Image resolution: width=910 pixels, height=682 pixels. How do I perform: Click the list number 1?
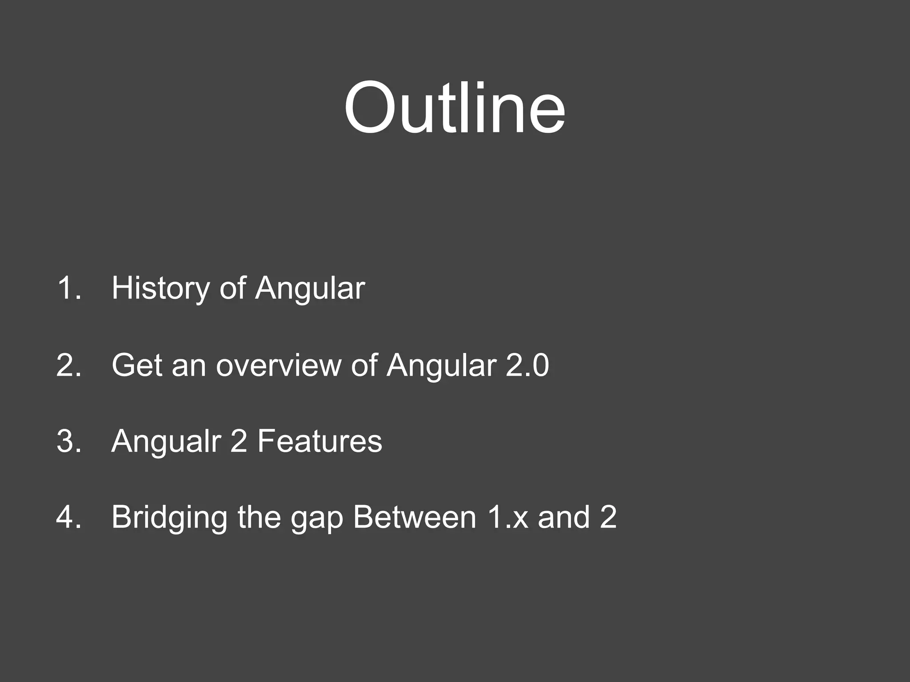tap(69, 289)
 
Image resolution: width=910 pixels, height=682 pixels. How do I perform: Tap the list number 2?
tap(69, 365)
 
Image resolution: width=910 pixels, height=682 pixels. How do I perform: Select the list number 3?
tap(69, 441)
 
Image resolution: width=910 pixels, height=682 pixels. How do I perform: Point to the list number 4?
tap(69, 518)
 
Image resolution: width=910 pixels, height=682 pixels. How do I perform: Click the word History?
tap(160, 289)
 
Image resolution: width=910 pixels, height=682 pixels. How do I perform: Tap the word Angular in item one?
tap(310, 289)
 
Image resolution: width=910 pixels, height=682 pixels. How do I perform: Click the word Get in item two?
tap(137, 365)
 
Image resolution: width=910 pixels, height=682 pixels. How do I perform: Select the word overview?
tap(278, 365)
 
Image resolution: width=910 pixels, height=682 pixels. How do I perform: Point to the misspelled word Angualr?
tap(166, 441)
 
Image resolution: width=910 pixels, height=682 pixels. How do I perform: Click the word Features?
tap(319, 441)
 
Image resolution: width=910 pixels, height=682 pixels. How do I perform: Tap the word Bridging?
tap(169, 518)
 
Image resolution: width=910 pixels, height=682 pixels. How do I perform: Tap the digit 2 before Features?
tap(239, 441)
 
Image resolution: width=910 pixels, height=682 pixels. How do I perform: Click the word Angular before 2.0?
tap(441, 365)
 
